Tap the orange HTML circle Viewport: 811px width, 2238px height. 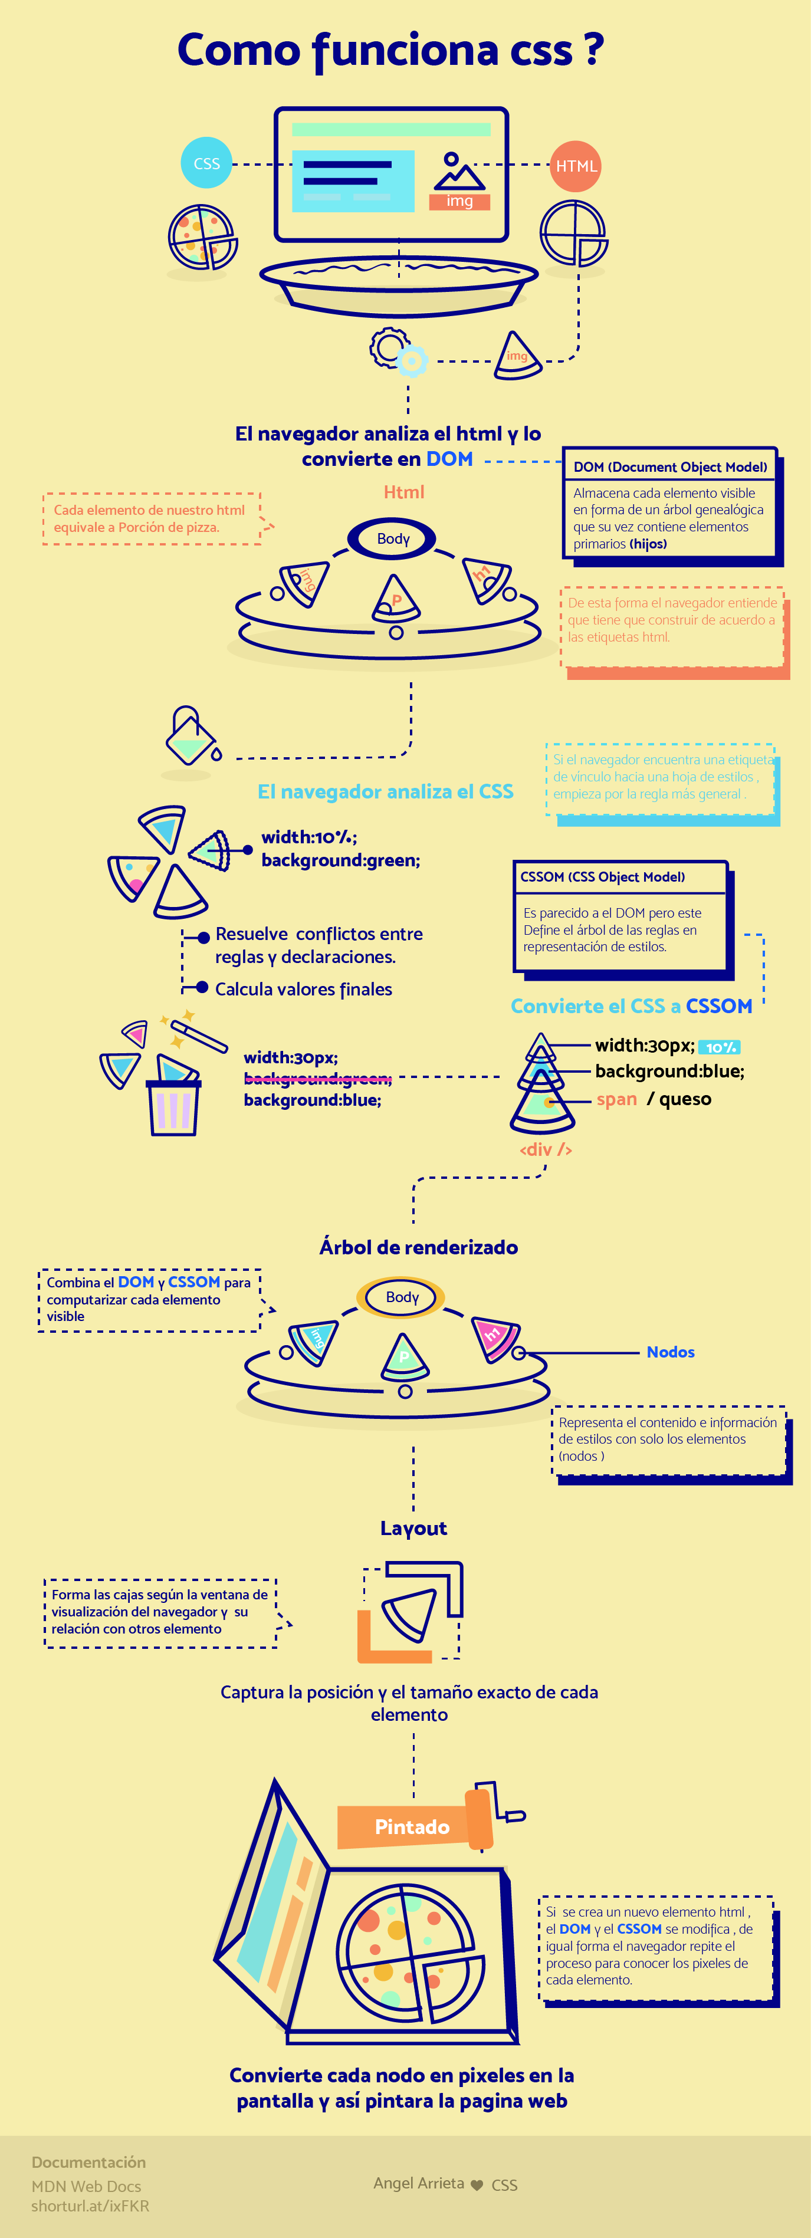(x=576, y=166)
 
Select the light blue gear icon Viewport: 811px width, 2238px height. (x=411, y=360)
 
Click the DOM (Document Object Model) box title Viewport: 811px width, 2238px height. (x=669, y=466)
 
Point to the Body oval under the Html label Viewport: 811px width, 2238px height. (x=393, y=538)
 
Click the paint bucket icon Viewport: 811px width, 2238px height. (x=191, y=737)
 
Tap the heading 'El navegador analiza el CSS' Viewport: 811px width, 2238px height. (x=385, y=791)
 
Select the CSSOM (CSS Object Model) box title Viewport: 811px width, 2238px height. (x=602, y=876)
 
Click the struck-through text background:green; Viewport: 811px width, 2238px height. (x=317, y=1078)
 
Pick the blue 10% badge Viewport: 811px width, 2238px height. (x=720, y=1047)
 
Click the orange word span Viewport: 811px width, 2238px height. (x=616, y=1099)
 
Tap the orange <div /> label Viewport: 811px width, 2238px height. (x=545, y=1149)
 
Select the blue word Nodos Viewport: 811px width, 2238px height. (x=670, y=1352)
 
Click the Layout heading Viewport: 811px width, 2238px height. (x=414, y=1528)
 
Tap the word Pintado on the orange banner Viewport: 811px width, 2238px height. (x=412, y=1826)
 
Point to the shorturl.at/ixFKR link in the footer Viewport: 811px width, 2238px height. (x=90, y=2206)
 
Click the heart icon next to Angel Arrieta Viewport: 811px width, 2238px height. (x=477, y=2185)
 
